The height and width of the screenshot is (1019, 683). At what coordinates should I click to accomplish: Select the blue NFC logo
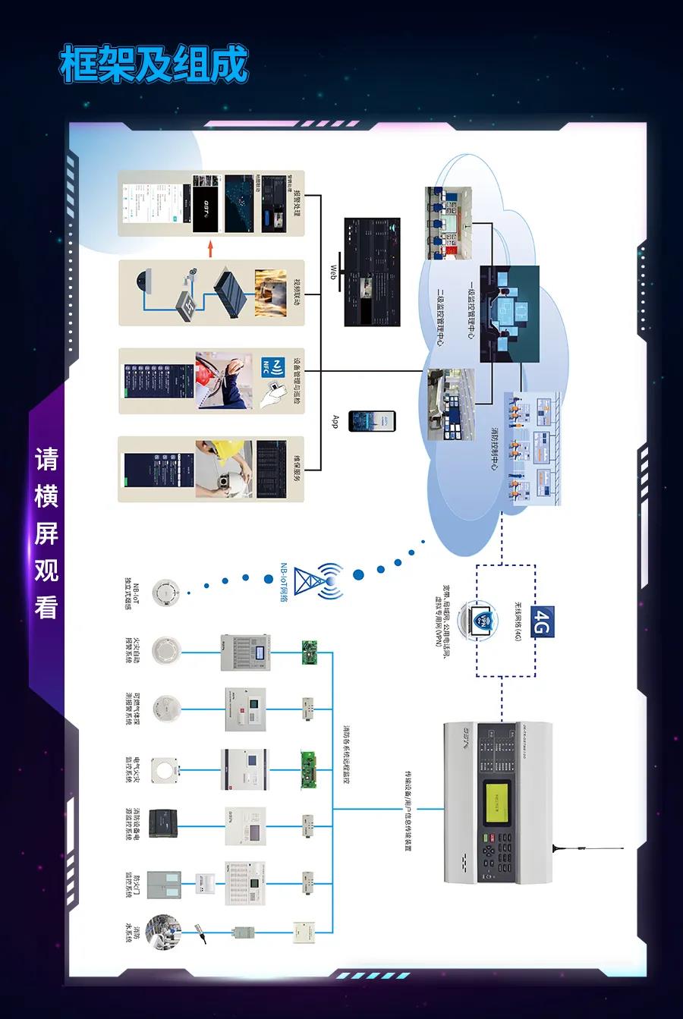pos(273,368)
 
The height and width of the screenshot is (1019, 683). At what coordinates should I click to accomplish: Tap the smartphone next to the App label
pos(372,421)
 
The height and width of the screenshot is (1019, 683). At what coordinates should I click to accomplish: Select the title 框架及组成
pos(154,64)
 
